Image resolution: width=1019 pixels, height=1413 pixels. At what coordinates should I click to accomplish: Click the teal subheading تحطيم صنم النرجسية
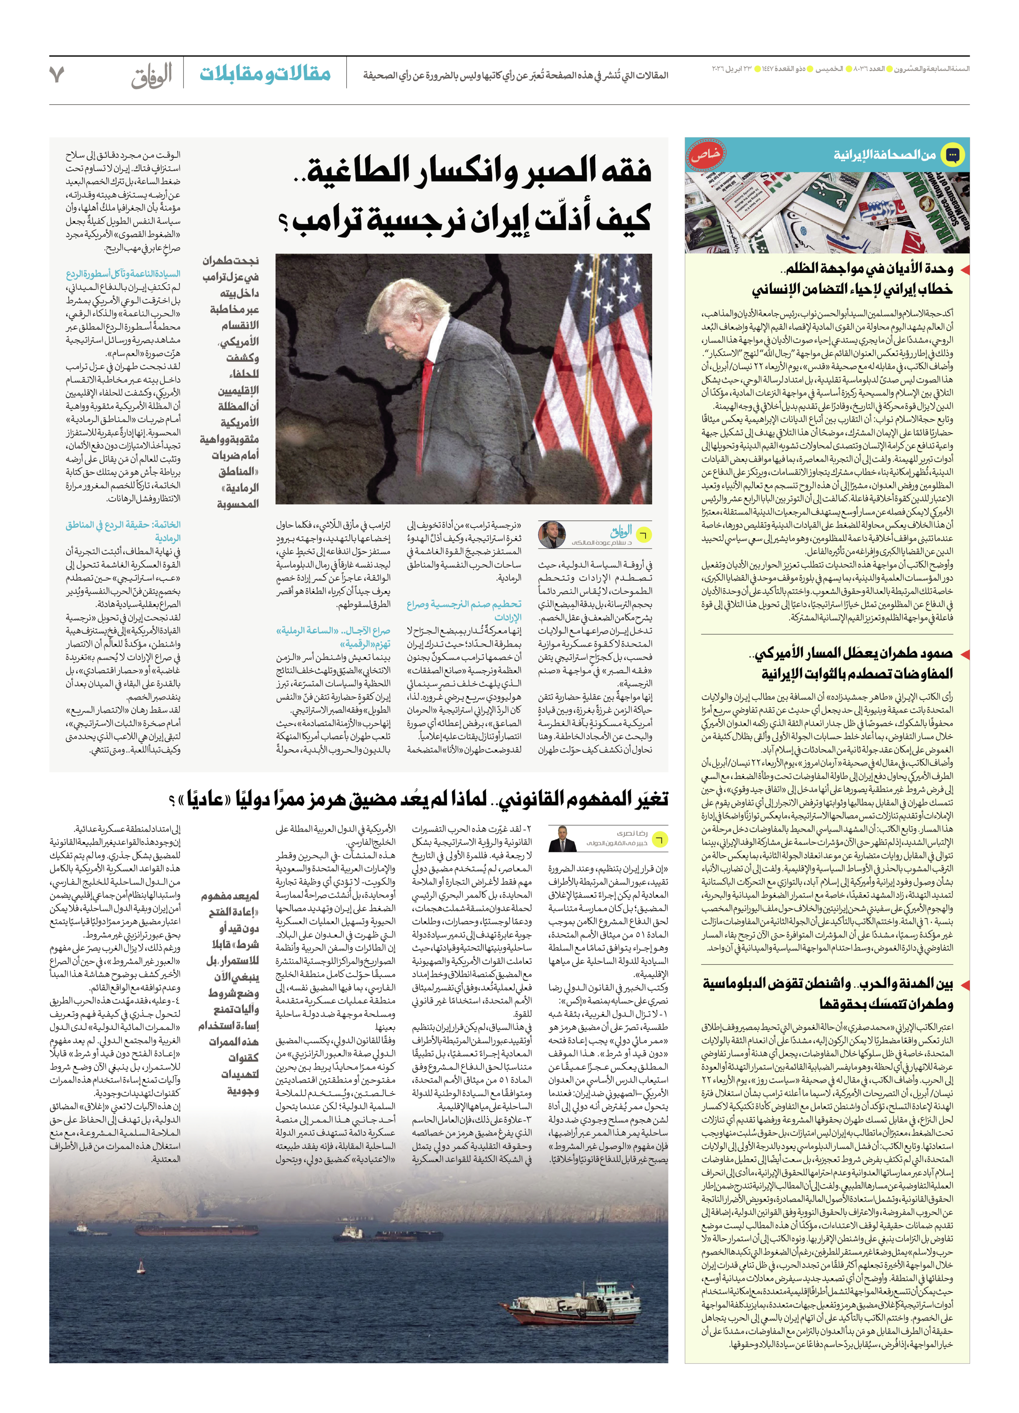pyautogui.click(x=464, y=604)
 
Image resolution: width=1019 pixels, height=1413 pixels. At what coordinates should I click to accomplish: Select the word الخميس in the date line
pyautogui.click(x=833, y=68)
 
